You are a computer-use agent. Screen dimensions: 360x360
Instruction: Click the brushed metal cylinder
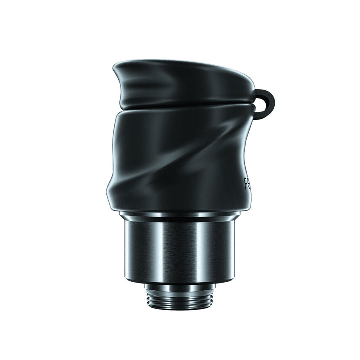[x=180, y=250]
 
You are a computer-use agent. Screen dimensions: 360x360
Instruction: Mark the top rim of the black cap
[x=185, y=64]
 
